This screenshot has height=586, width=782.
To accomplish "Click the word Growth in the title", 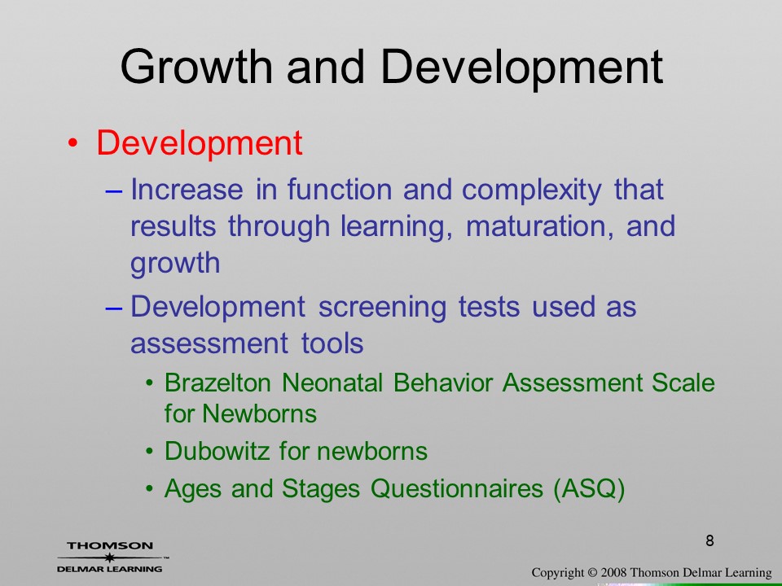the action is click(x=196, y=66).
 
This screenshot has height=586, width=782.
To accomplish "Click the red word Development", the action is click(x=199, y=143).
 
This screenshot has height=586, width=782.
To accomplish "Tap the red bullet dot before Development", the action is click(x=72, y=143).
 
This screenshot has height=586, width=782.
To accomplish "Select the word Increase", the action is click(x=187, y=190).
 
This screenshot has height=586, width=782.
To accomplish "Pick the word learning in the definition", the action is click(x=397, y=227).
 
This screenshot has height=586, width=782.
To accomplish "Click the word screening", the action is click(x=382, y=308).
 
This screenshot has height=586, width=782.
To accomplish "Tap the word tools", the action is click(x=332, y=343).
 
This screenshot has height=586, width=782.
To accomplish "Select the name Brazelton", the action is click(x=217, y=383).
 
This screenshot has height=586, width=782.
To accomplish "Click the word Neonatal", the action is click(x=332, y=383).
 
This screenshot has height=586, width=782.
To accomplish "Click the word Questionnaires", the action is click(x=457, y=488).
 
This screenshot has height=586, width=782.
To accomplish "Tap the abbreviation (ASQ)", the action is click(x=589, y=489).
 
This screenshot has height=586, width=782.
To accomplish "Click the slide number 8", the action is click(x=710, y=540).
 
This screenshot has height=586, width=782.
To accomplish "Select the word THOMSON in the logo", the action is click(x=110, y=545).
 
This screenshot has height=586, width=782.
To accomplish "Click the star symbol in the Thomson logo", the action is click(x=109, y=558).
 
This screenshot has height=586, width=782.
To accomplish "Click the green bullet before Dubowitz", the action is click(x=150, y=452).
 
